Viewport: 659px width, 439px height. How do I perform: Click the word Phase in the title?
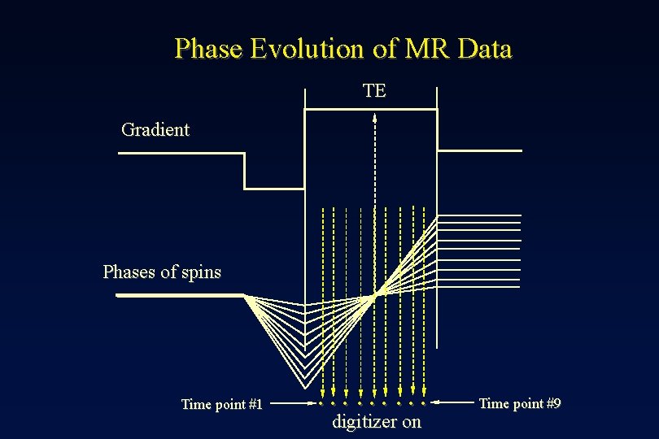click(x=209, y=50)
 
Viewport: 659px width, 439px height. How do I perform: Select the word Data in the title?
click(x=485, y=50)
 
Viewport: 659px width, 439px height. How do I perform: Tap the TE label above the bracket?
click(x=374, y=91)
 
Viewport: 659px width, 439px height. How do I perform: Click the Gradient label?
click(x=155, y=129)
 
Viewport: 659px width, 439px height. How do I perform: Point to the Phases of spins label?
click(x=162, y=272)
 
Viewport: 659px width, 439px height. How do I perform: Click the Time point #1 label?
click(x=221, y=404)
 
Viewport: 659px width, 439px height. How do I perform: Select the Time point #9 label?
click(x=519, y=403)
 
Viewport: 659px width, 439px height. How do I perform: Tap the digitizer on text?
click(x=377, y=422)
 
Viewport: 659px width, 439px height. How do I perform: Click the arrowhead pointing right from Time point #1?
click(x=312, y=402)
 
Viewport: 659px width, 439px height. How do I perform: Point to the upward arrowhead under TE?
click(x=375, y=117)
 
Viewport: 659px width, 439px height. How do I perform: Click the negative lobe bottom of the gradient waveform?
click(x=274, y=189)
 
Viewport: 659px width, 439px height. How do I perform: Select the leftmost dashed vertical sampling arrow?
click(x=322, y=301)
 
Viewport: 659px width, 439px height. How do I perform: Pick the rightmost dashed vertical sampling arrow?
click(x=425, y=301)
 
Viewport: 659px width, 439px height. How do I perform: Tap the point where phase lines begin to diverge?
click(x=246, y=296)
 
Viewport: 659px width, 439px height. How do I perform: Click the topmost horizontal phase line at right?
click(x=480, y=216)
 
